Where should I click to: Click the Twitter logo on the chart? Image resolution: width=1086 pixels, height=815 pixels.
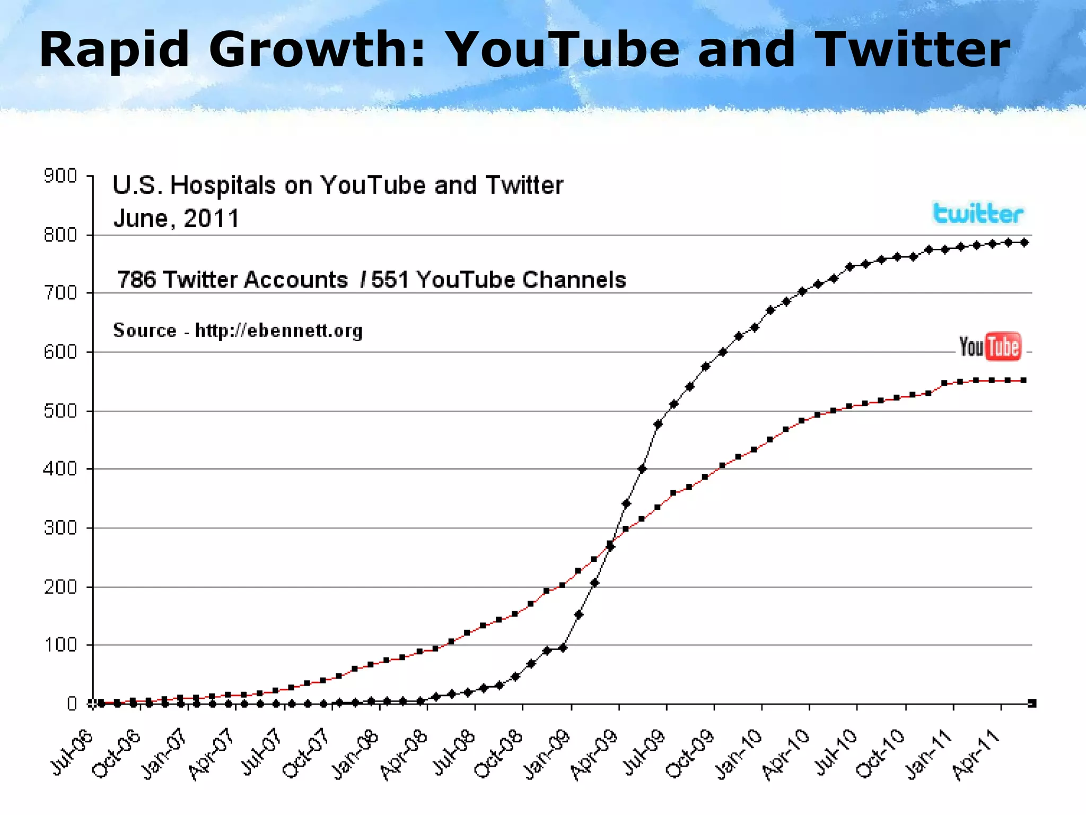point(978,214)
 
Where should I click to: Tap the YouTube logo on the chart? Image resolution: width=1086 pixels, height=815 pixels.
point(989,347)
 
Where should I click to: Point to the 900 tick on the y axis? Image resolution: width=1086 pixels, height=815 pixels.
point(60,176)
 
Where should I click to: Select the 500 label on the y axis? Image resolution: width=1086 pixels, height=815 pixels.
point(60,411)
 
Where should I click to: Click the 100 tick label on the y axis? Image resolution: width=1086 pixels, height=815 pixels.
point(60,645)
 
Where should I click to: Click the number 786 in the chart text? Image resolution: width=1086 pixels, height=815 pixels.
point(136,280)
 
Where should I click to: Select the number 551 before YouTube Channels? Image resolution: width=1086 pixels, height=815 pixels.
point(390,280)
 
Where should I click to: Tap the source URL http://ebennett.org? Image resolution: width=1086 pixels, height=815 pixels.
point(279,331)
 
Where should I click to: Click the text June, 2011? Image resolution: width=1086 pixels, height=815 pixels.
point(177,218)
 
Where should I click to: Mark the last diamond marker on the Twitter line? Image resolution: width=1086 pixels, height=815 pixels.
point(1024,242)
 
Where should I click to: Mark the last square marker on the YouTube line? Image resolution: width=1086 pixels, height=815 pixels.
point(1024,380)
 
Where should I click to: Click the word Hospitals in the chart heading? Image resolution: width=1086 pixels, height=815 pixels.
point(223,186)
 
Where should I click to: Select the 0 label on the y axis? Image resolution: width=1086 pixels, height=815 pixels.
point(72,704)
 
